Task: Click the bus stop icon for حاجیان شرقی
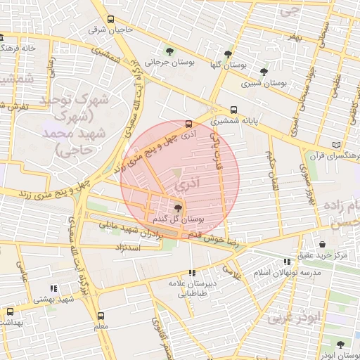tap(110, 20)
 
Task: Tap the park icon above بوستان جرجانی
tap(169, 50)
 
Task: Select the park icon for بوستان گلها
tap(227, 53)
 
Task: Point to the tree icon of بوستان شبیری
tap(264, 71)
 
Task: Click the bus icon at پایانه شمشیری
tap(233, 109)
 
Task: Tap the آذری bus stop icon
tap(188, 124)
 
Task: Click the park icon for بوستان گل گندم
tap(177, 208)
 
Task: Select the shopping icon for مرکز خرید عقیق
tap(322, 243)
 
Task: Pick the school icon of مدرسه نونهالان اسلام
tap(286, 262)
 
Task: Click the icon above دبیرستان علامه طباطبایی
tap(192, 272)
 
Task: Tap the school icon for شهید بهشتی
tap(53, 288)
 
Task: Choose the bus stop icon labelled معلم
tap(101, 316)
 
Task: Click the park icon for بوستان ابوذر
tap(341, 345)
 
